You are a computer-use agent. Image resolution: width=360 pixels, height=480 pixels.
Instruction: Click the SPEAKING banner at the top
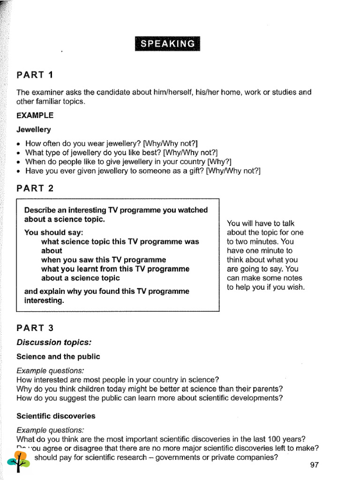(167, 43)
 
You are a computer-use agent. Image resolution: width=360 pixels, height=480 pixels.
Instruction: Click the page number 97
(314, 465)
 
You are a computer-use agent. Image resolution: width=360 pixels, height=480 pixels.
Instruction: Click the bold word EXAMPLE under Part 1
(35, 115)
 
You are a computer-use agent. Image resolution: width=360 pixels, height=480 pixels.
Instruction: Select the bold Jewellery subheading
(34, 129)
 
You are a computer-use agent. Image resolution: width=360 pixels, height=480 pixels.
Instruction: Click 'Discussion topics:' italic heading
(54, 342)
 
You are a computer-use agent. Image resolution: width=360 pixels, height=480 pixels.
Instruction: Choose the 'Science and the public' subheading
(58, 356)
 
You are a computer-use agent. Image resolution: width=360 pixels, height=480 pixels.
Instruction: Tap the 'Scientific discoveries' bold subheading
(56, 416)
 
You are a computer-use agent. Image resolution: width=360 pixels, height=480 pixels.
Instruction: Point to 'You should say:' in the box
(53, 232)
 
